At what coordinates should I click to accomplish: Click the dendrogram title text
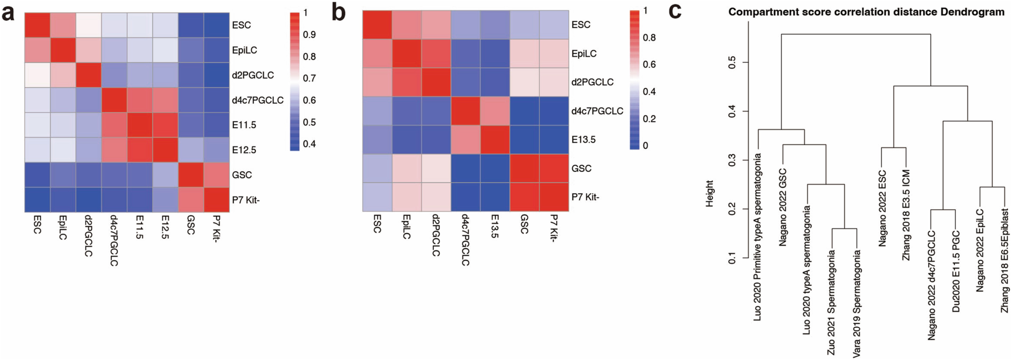coord(866,12)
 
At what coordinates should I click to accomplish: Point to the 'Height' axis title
coord(709,193)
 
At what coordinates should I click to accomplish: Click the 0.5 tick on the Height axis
coord(731,62)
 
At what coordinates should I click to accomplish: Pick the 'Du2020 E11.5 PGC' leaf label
coord(956,271)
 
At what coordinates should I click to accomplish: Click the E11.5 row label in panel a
coord(244,125)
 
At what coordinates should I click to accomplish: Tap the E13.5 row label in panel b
coord(583,140)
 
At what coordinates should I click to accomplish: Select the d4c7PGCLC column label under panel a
coord(114,240)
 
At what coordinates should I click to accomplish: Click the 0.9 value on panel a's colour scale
coord(309,35)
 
